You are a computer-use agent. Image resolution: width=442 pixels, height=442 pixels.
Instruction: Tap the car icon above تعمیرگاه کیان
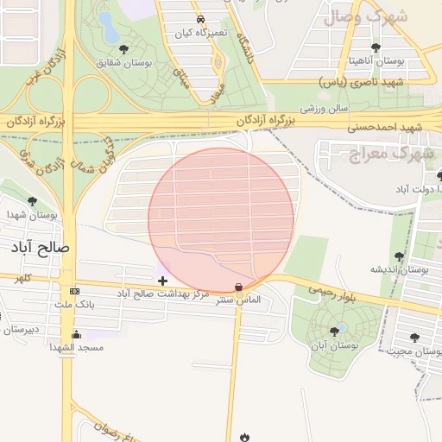point(199,18)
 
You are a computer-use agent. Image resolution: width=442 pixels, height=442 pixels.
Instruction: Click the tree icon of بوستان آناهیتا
point(375,48)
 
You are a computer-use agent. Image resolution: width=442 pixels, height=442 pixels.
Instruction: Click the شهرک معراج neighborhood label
point(381,154)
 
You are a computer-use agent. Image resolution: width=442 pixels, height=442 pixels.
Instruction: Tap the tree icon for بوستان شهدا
point(32,201)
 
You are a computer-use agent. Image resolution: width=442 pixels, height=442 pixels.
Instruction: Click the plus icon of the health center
point(162,281)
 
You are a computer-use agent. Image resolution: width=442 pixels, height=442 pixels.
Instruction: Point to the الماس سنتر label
point(239,301)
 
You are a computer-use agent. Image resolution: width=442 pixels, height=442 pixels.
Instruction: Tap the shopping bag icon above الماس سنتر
point(238,287)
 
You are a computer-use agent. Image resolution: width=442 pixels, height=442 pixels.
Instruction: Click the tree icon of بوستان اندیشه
point(399,256)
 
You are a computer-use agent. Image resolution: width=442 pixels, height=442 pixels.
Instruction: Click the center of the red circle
point(221,221)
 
